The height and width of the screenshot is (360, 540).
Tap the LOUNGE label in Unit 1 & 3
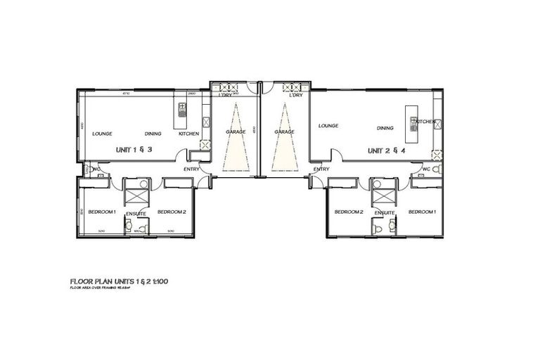pos(103,134)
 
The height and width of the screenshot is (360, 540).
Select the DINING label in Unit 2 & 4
pos(385,128)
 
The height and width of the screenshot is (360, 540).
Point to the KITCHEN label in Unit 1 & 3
pos(188,134)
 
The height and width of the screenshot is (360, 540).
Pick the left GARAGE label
pos(236,131)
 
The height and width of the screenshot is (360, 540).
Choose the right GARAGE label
pos(284,131)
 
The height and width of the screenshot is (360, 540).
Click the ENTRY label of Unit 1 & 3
pos(191,169)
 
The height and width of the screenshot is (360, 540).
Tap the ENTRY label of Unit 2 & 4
pos(321,169)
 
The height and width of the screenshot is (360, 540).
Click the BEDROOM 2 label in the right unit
pos(348,212)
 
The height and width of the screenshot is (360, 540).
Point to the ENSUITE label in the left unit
pos(136,212)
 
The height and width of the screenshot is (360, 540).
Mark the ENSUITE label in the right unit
pos(384,212)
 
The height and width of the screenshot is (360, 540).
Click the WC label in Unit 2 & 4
pos(426,169)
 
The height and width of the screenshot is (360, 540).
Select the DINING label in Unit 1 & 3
pos(153,134)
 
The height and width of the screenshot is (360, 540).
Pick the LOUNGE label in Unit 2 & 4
pos(328,126)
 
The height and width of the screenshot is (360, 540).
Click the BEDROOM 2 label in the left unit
pos(172,212)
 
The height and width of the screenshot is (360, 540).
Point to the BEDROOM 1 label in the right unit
pos(422,212)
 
